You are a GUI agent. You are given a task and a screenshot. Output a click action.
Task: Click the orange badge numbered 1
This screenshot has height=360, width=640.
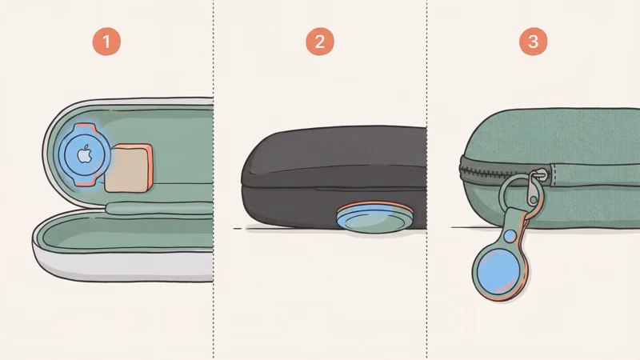coord(106,42)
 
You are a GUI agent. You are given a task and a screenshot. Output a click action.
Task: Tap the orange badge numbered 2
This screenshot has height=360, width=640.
coord(320,42)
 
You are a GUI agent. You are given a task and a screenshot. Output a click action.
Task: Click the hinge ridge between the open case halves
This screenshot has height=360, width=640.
coord(160,210)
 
